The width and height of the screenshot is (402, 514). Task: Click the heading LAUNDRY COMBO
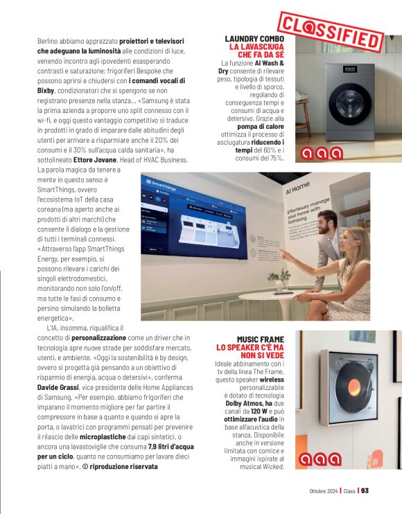(254, 38)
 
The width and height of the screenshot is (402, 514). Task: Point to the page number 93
(365, 490)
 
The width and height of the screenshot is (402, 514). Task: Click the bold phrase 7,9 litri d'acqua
(175, 447)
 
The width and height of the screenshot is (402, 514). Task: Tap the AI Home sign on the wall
(298, 188)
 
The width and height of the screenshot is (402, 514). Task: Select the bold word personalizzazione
(98, 337)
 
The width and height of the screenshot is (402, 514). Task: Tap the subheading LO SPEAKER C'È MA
(251, 347)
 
